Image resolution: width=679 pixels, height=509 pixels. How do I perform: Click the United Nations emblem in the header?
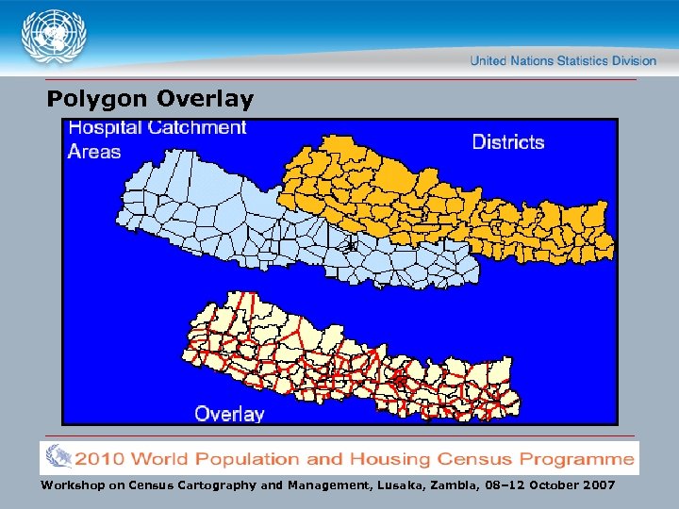(x=54, y=37)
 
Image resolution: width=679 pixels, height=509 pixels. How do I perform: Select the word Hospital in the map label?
(x=105, y=128)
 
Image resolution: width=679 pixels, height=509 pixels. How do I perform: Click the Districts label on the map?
(x=507, y=142)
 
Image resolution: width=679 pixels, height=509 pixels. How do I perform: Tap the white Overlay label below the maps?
(x=229, y=413)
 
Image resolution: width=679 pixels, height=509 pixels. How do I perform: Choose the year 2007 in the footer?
(x=595, y=484)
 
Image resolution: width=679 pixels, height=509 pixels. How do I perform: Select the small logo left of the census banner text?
(x=58, y=458)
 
